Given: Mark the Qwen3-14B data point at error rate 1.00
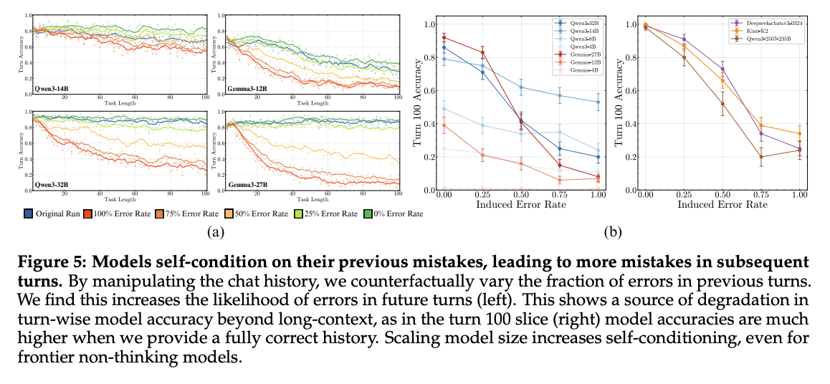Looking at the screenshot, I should pyautogui.click(x=598, y=102).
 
